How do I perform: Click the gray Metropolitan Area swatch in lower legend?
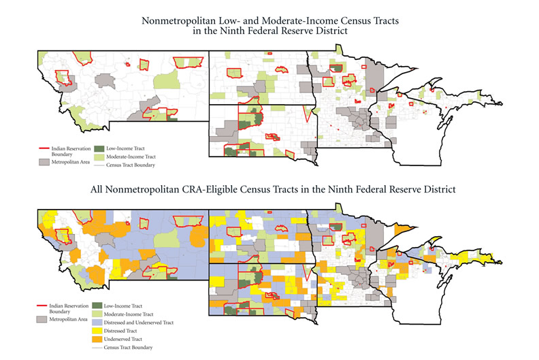pos(46,318)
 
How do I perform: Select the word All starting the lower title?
pos(98,186)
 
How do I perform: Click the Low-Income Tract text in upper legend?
pos(126,148)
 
